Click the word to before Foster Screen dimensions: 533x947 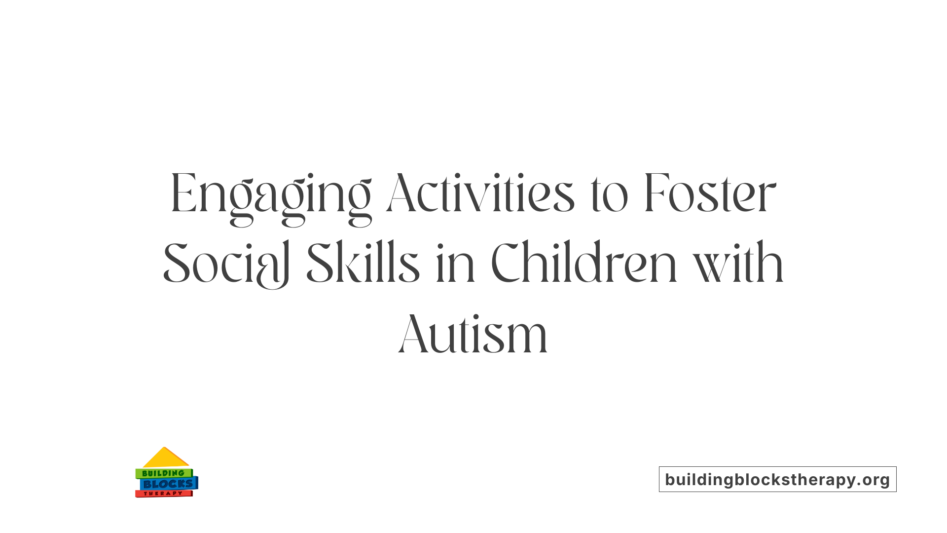click(x=609, y=195)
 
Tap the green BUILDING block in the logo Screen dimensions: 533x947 click(x=163, y=473)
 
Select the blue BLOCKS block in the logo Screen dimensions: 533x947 click(x=168, y=484)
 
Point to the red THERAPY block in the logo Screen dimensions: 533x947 click(x=163, y=494)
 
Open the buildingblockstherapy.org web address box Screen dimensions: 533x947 click(x=777, y=479)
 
